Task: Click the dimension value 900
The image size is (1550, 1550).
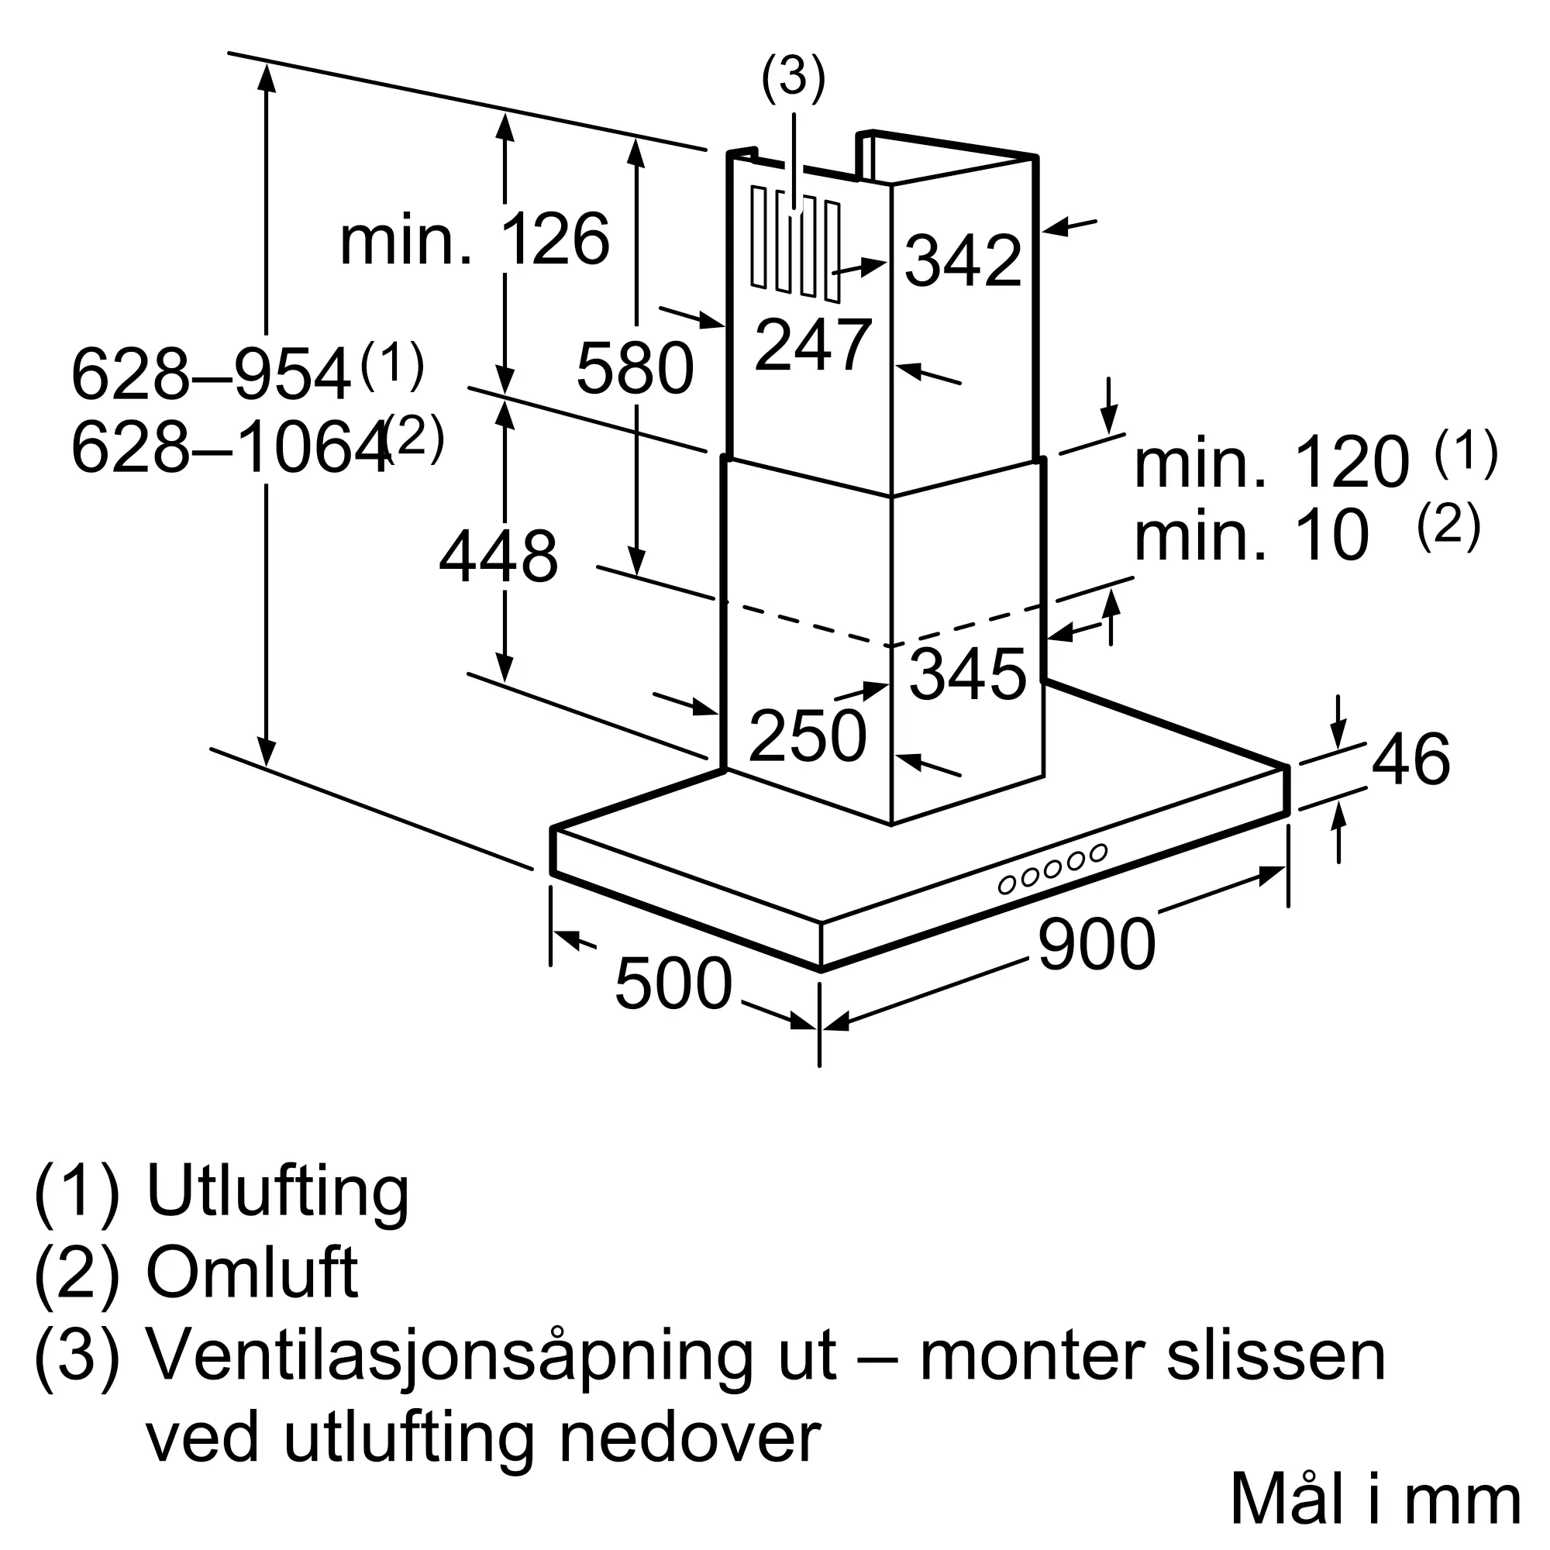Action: point(1096,945)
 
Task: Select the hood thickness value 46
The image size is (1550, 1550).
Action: point(1411,759)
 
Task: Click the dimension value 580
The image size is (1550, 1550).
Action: point(635,368)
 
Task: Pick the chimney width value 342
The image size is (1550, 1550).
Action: point(963,260)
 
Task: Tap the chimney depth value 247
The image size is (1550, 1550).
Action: point(813,345)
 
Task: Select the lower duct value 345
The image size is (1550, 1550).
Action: point(967,674)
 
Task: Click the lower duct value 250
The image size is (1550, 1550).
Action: point(807,735)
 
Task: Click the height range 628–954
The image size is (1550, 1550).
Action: point(211,374)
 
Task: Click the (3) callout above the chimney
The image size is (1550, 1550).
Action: point(793,78)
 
